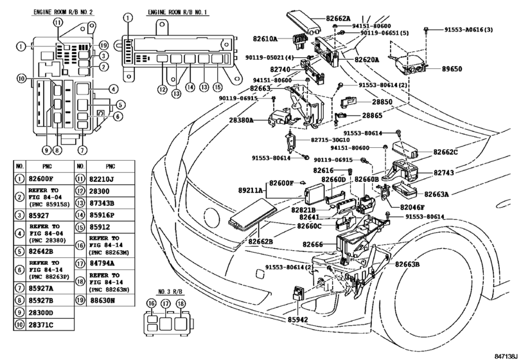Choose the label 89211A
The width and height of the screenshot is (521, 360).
(261, 192)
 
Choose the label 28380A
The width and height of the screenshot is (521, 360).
(242, 120)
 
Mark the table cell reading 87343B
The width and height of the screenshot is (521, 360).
(104, 204)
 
